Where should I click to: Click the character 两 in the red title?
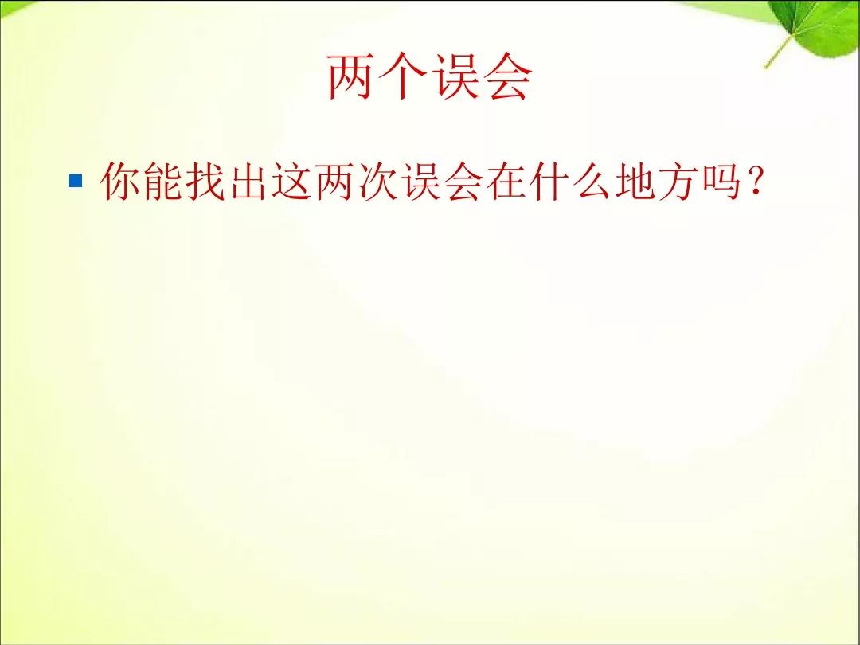point(350,76)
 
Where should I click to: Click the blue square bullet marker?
point(76,181)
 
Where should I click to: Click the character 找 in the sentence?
point(205,181)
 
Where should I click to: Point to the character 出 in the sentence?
point(248,181)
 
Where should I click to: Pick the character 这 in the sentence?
point(291,181)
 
